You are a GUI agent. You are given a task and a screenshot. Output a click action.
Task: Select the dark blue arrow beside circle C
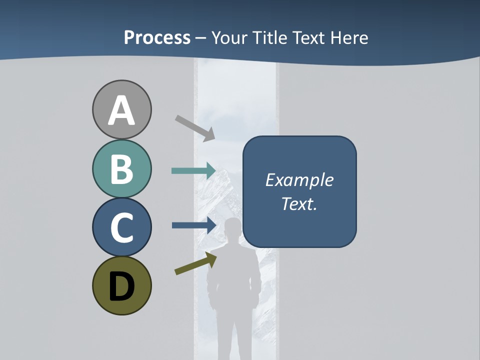pyautogui.click(x=193, y=225)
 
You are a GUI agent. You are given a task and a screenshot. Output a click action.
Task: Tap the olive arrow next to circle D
pyautogui.click(x=195, y=263)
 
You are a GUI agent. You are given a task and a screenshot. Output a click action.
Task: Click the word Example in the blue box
pyautogui.click(x=299, y=180)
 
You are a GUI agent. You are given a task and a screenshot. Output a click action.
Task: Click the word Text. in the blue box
pyautogui.click(x=299, y=203)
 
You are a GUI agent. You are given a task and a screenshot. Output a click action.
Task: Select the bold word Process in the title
pyautogui.click(x=157, y=37)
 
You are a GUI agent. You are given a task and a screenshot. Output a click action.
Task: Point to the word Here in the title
pyautogui.click(x=349, y=37)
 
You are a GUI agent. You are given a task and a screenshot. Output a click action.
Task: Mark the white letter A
pyautogui.click(x=121, y=111)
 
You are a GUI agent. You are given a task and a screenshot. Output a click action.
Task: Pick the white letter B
pyautogui.click(x=121, y=169)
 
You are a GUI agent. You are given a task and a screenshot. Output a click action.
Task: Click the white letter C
pyautogui.click(x=121, y=227)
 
